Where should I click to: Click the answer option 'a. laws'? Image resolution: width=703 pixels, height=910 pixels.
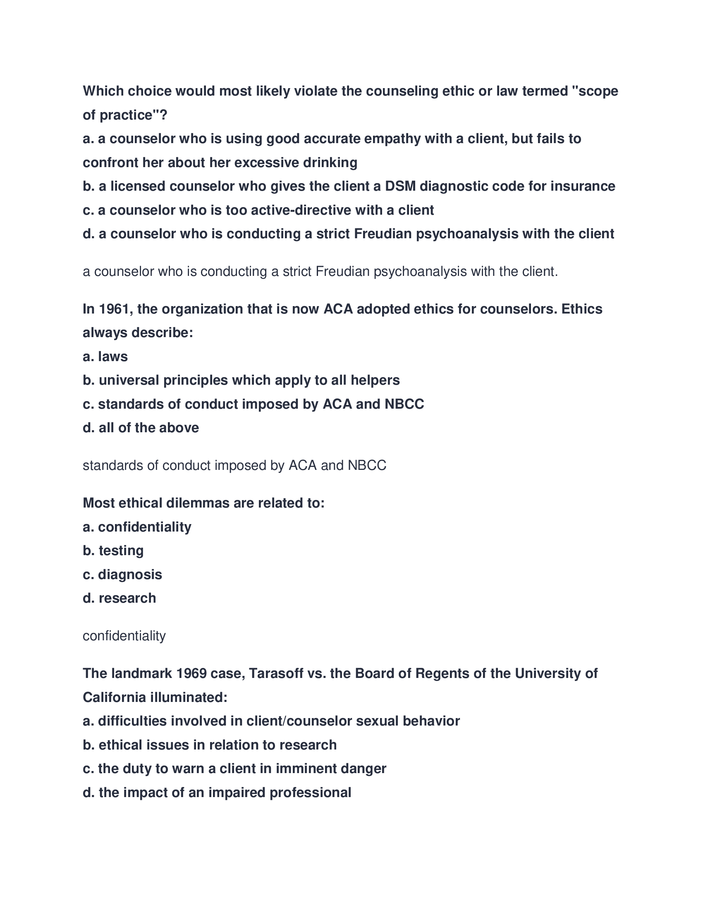click(x=105, y=357)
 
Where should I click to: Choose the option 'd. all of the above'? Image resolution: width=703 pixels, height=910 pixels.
click(x=141, y=428)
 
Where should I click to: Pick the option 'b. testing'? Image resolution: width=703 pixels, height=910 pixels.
click(x=113, y=551)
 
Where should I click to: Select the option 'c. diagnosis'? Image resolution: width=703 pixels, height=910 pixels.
click(x=122, y=575)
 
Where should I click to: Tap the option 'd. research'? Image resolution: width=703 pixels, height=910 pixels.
click(x=119, y=599)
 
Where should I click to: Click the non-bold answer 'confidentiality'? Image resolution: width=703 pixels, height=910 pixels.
click(x=124, y=636)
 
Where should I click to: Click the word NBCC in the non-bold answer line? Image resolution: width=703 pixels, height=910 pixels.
click(x=367, y=465)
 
